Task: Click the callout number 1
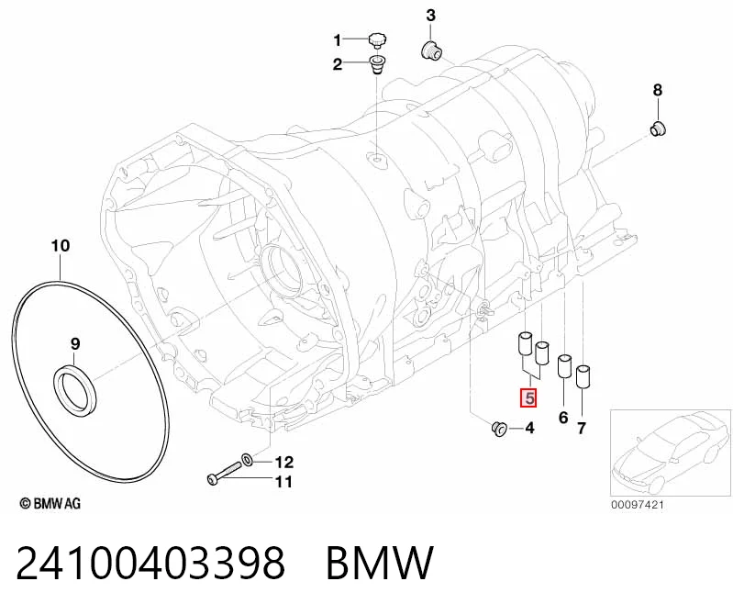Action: point(337,40)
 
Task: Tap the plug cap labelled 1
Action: point(377,40)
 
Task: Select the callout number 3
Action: point(430,16)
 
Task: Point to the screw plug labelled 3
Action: point(432,50)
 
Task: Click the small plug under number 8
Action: point(659,129)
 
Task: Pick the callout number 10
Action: point(61,245)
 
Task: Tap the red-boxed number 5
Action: point(529,398)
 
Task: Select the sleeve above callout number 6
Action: point(564,366)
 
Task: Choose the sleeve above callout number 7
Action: point(583,376)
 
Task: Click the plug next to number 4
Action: point(499,428)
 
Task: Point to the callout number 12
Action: point(283,462)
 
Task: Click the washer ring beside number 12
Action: point(248,459)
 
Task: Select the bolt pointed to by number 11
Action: point(224,473)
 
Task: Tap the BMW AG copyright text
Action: point(50,503)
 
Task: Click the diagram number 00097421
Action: point(638,505)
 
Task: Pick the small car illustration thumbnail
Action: point(671,453)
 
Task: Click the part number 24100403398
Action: point(150,563)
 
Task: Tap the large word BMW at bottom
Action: point(380,563)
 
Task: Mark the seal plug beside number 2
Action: point(377,65)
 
